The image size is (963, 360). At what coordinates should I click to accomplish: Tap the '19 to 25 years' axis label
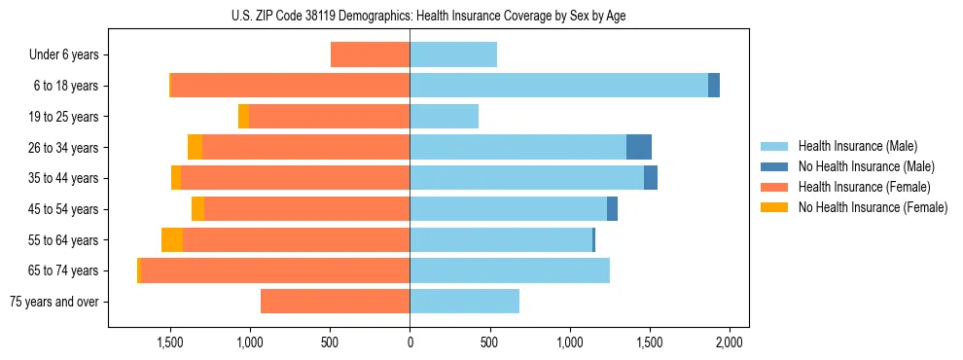[x=63, y=117]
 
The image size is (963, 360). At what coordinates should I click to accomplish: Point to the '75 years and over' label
[x=54, y=302]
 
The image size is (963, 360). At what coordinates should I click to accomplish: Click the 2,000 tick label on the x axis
[x=730, y=342]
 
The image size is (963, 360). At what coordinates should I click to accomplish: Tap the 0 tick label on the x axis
[x=410, y=342]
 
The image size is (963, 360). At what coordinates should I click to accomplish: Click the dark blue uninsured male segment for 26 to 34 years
[x=639, y=147]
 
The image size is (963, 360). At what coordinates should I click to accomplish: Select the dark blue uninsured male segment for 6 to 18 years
[x=714, y=86]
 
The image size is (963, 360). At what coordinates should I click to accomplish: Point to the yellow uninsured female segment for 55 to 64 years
[x=172, y=239]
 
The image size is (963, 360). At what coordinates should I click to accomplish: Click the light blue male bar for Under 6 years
[x=453, y=54]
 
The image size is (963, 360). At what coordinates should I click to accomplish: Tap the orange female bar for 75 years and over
[x=335, y=302]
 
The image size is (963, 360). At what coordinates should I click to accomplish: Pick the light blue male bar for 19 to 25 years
[x=444, y=117]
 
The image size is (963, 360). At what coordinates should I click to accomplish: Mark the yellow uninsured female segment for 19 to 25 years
[x=243, y=117]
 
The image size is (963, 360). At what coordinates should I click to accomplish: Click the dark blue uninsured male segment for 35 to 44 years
[x=651, y=178]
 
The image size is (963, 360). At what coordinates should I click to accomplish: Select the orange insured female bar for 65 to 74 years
[x=275, y=270]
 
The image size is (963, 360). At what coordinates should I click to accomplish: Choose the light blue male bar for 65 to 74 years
[x=510, y=270]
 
